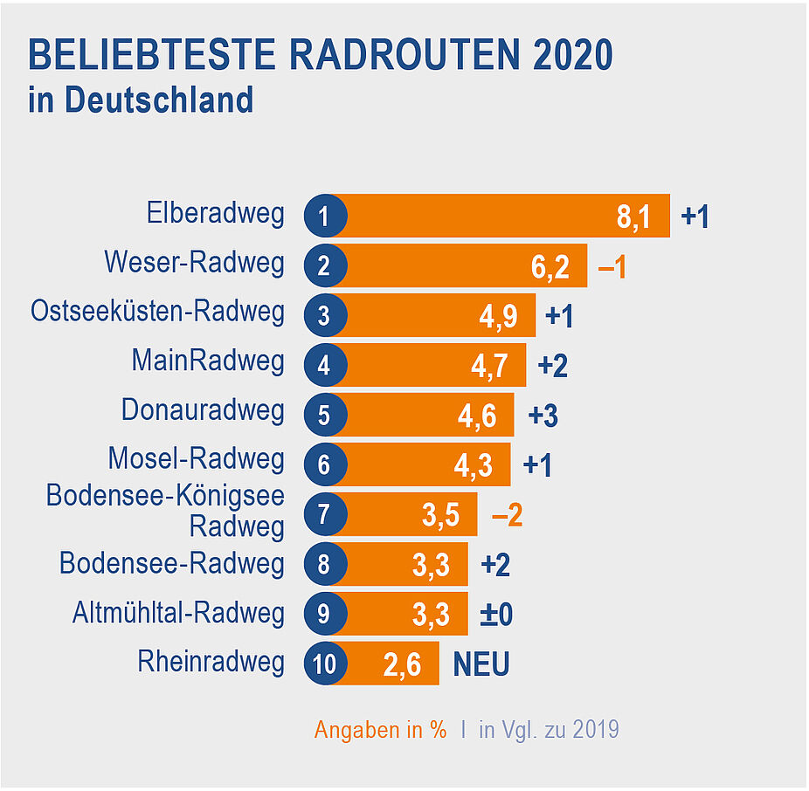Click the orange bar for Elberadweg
[489, 216]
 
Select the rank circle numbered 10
[325, 664]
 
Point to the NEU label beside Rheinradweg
[481, 664]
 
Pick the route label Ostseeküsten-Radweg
[157, 312]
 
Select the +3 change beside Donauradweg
[543, 416]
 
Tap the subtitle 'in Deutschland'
[141, 100]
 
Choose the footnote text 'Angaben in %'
[380, 730]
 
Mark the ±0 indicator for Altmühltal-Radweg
[497, 615]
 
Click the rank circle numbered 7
[325, 514]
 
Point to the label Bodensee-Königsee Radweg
[166, 511]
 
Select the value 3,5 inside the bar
[440, 515]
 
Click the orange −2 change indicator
[507, 515]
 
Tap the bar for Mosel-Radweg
[419, 464]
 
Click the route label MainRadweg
[208, 361]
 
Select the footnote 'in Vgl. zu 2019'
[549, 730]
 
